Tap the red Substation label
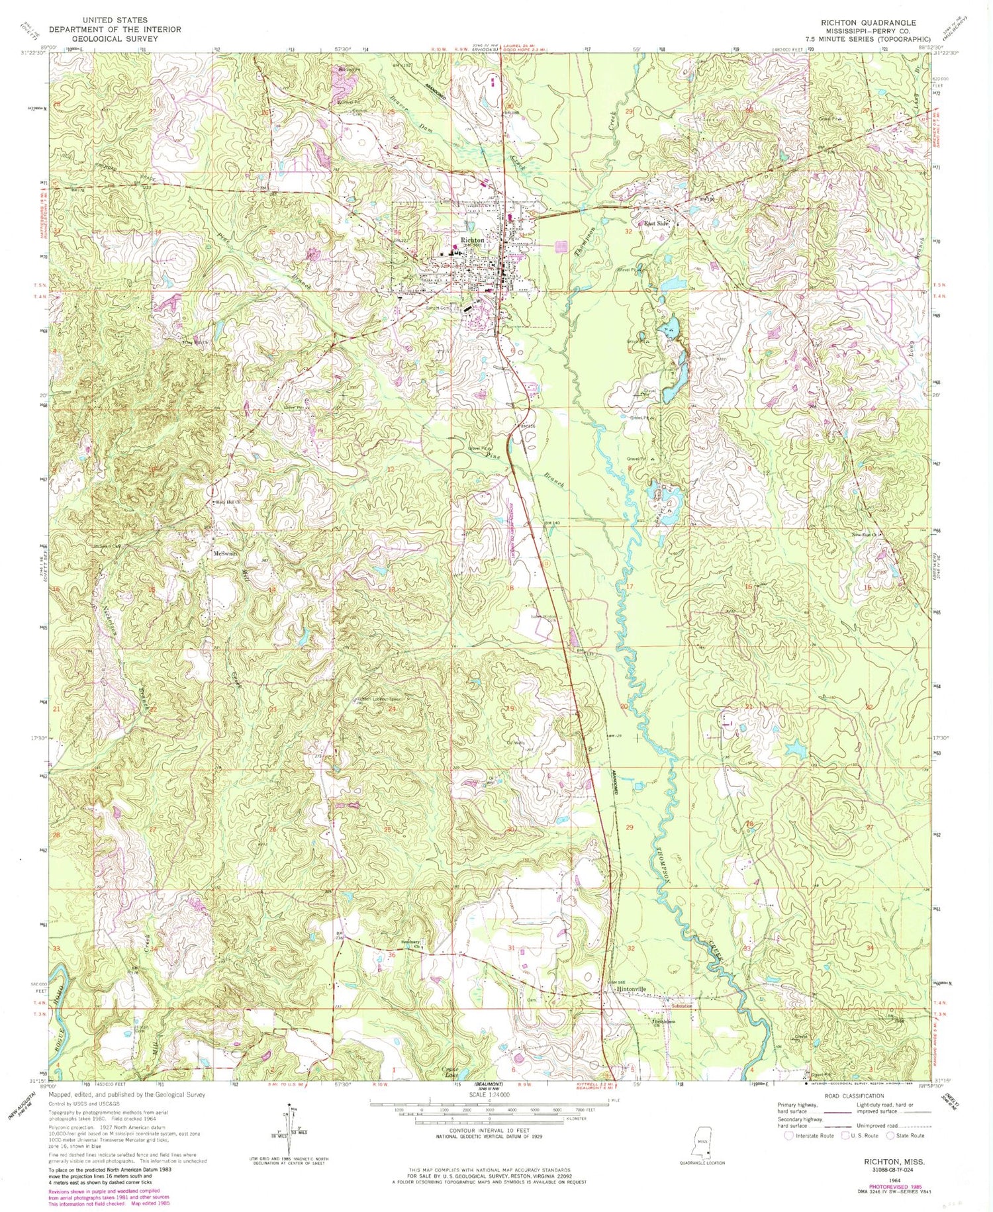coord(682,1005)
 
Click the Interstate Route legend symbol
coord(789,1135)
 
